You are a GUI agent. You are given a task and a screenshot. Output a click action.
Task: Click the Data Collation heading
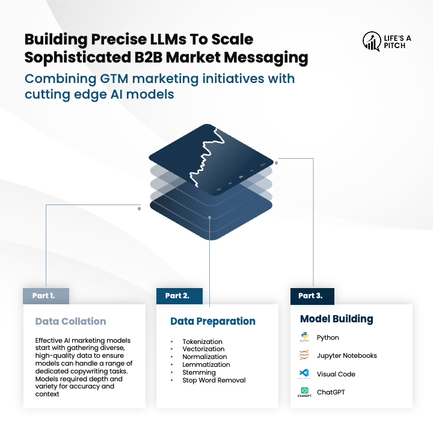(x=70, y=321)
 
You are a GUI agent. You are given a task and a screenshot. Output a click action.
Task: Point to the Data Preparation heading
(x=213, y=321)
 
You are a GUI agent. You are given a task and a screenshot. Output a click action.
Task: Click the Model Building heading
(x=337, y=319)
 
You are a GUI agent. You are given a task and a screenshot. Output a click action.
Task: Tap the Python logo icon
(x=304, y=337)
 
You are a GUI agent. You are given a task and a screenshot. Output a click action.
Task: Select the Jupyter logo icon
(x=304, y=355)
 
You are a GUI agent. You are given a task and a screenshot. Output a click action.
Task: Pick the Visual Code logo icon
(x=304, y=374)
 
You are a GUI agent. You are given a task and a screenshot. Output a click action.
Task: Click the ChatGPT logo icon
(x=304, y=392)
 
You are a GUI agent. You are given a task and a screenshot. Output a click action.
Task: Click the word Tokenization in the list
(x=202, y=342)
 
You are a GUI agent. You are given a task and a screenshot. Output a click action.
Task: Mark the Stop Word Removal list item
(x=213, y=380)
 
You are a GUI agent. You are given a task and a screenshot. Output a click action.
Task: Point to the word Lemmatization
(x=206, y=364)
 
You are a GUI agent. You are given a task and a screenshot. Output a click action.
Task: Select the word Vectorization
(x=203, y=349)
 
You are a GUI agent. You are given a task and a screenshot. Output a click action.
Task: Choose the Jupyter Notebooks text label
(x=347, y=355)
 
